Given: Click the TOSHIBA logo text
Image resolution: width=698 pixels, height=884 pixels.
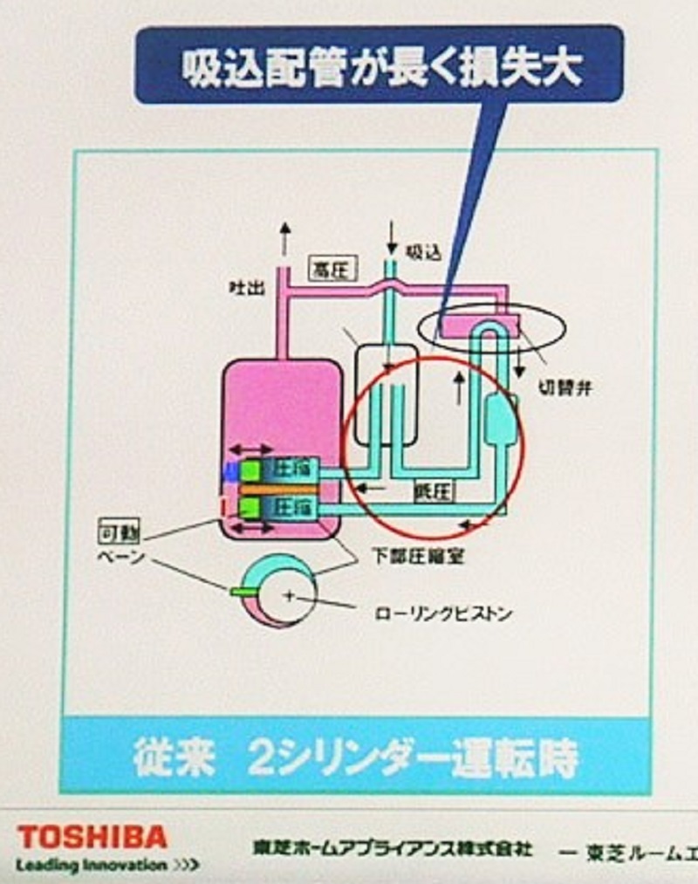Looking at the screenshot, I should [x=92, y=838].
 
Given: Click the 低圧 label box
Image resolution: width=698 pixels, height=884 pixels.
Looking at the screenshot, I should [x=434, y=492].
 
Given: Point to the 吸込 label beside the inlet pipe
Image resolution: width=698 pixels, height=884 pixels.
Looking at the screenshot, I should [x=427, y=252].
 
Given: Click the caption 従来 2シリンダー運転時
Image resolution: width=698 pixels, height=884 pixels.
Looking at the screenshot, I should [x=356, y=757].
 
